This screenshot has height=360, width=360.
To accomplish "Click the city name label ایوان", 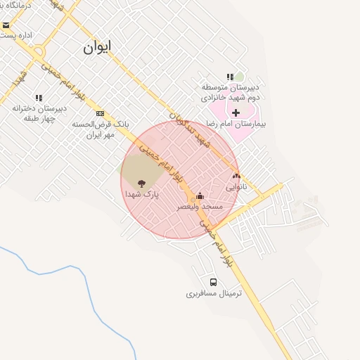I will tap(97, 48).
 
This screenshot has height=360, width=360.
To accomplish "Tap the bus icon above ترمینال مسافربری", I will tap(214, 283).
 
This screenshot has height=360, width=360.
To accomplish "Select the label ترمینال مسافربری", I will tap(214, 293).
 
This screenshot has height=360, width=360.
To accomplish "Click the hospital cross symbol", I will tap(236, 112).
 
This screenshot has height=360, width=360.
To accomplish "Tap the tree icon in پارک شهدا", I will tap(142, 183).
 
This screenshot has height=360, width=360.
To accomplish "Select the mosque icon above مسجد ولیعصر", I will tap(200, 195).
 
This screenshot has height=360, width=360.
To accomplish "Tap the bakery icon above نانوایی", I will tap(236, 176).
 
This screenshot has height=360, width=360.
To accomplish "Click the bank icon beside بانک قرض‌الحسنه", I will tap(101, 113).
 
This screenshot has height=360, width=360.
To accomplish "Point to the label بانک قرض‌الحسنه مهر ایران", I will tap(94, 128).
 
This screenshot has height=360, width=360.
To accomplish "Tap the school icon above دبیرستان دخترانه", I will tap(39, 98).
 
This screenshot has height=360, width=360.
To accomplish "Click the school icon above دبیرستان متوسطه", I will tap(230, 77).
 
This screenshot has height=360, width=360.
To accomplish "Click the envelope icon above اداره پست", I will tap(6, 25).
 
